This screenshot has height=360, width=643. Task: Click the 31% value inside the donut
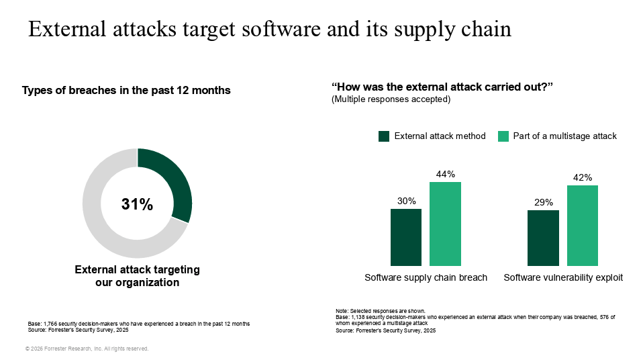click(x=137, y=205)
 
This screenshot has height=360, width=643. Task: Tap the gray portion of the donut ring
click(x=101, y=228)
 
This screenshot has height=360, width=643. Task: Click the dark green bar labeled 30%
click(x=406, y=237)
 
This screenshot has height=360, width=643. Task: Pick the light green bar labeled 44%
click(x=445, y=224)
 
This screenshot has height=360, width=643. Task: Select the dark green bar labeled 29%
click(x=543, y=238)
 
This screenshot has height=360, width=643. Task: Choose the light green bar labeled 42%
click(x=582, y=225)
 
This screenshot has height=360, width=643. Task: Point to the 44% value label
click(x=445, y=175)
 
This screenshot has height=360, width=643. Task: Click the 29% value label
click(x=543, y=203)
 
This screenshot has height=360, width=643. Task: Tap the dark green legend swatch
click(x=384, y=136)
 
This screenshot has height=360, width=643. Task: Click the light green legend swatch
click(x=503, y=136)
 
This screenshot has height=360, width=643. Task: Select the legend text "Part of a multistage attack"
click(x=564, y=136)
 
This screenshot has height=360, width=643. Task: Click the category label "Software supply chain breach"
click(x=426, y=277)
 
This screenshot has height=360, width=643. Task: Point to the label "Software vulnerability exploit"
click(x=563, y=277)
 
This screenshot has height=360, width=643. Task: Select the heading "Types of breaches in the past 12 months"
click(x=126, y=91)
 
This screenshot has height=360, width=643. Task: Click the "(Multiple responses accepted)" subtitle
click(x=391, y=99)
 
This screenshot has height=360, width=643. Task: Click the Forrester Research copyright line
click(x=87, y=349)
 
